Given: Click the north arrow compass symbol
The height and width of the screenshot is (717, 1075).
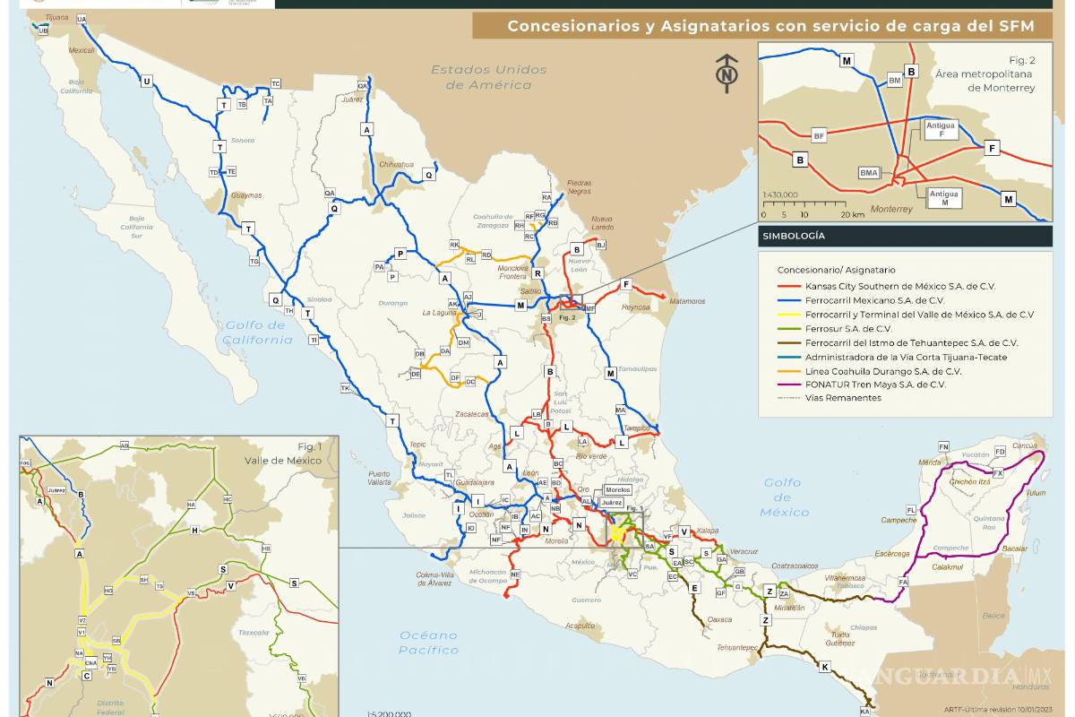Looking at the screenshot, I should click(x=727, y=73).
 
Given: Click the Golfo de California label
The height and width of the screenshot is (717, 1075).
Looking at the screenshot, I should click(x=259, y=333).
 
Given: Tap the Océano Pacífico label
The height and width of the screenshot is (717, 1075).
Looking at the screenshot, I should click(x=428, y=642).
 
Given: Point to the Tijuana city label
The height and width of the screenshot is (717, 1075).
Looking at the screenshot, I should click(x=55, y=17).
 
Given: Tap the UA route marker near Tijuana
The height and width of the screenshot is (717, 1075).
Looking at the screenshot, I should click(x=82, y=19).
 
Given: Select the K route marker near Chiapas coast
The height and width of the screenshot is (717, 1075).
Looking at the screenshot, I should click(x=824, y=666).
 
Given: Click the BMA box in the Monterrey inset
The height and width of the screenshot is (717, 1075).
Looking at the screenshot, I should click(x=869, y=172).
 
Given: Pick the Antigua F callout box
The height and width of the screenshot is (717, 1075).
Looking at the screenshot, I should click(x=942, y=130).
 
